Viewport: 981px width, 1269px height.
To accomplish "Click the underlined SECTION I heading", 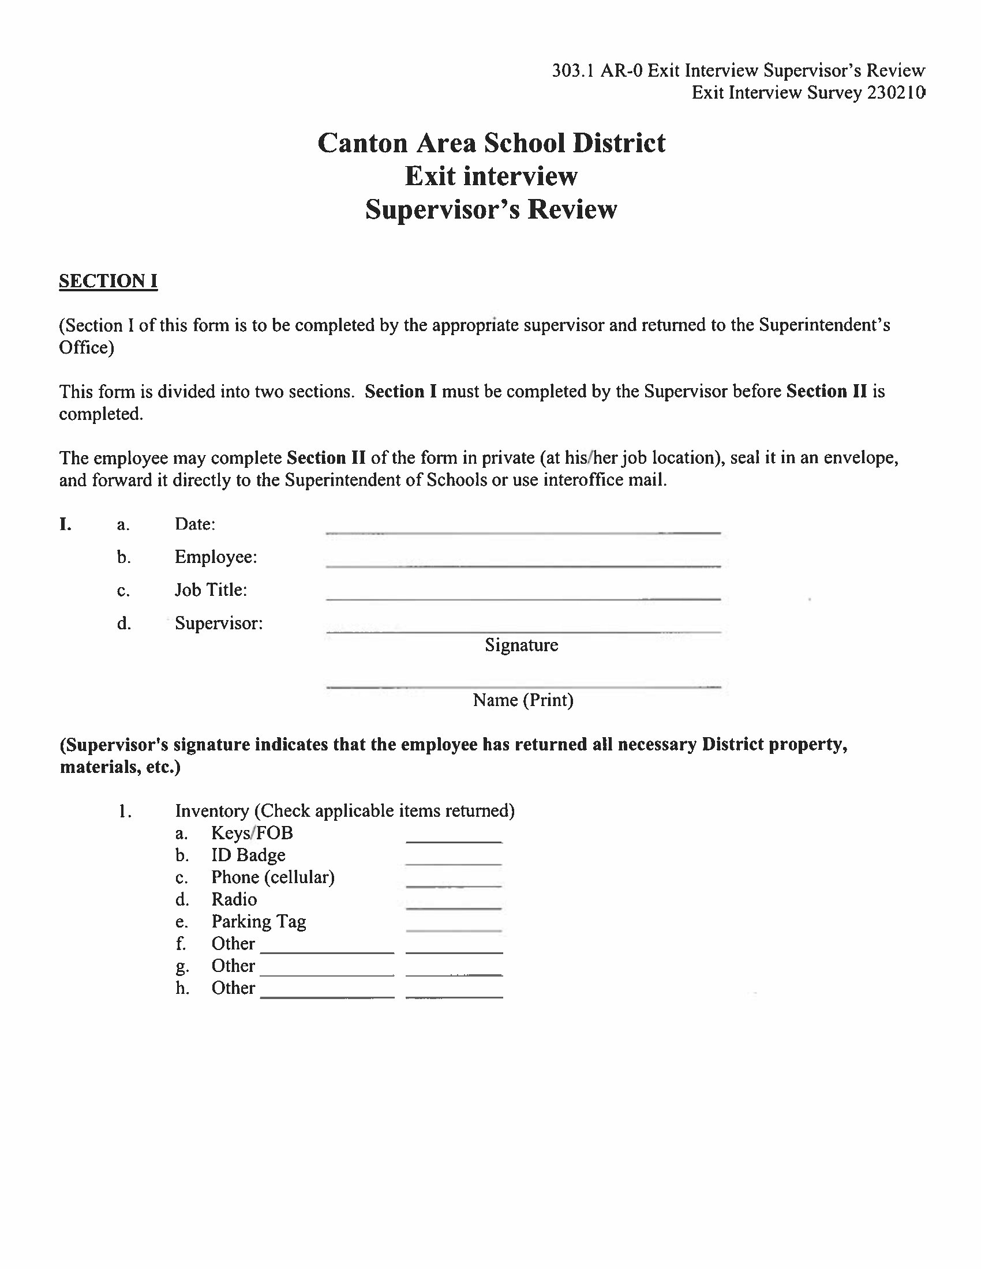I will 108,281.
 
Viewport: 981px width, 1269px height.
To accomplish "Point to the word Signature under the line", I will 521,645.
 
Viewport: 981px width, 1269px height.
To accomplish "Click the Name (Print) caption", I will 523,700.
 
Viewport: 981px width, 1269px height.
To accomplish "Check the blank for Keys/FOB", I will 454,837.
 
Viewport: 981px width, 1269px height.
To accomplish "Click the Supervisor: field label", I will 219,624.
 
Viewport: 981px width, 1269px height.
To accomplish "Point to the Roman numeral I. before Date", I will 65,524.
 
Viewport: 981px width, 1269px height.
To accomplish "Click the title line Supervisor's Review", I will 491,210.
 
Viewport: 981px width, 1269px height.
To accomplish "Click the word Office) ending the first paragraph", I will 87,347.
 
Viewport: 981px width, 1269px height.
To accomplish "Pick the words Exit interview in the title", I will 491,176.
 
